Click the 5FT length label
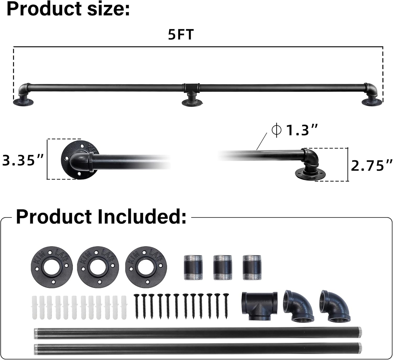coord(181,35)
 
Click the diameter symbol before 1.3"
coord(276,130)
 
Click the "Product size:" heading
coord(68,9)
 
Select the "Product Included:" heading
coord(101,217)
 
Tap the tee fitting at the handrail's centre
coord(191,87)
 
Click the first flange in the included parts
coord(52,266)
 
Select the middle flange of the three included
coord(98,266)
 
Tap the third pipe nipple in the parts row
coord(252,267)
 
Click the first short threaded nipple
coord(193,267)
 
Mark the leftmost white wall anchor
coord(35,307)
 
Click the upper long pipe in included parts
coord(198,333)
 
